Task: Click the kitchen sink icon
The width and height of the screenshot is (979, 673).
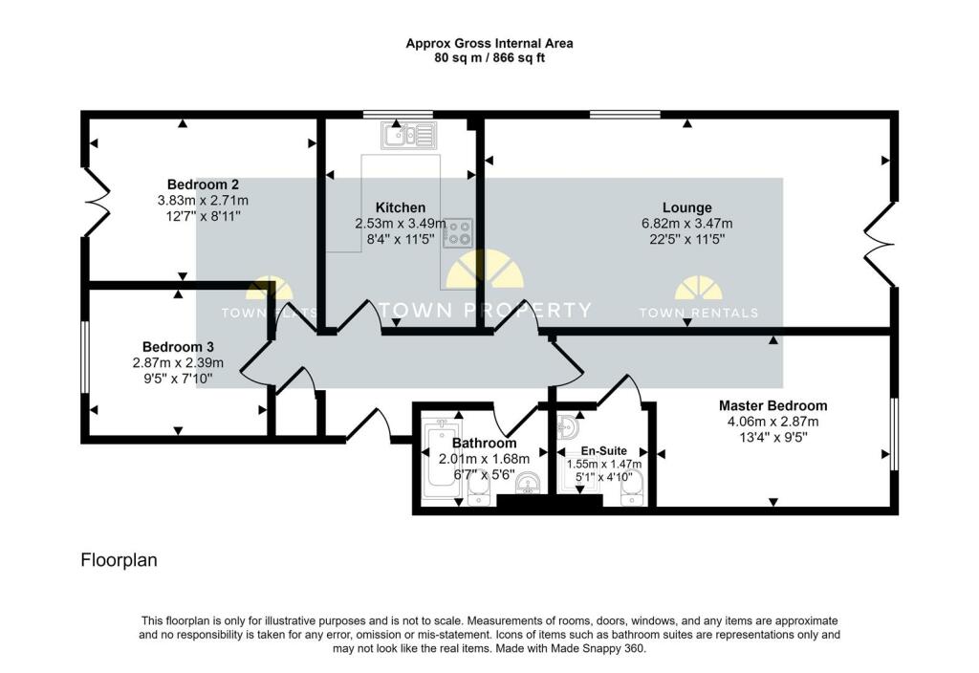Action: [x=409, y=135]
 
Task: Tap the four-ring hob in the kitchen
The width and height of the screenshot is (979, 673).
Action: [x=458, y=233]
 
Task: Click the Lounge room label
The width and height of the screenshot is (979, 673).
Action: [x=686, y=207]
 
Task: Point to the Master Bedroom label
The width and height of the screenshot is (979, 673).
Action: [x=772, y=405]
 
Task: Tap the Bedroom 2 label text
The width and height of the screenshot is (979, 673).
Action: [x=203, y=185]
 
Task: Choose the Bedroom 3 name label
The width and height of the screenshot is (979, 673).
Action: [x=178, y=347]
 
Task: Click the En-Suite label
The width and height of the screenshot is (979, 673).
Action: [x=604, y=451]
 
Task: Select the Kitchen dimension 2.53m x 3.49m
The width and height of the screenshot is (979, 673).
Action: [x=401, y=224]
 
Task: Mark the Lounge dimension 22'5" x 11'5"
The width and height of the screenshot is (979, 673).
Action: [x=686, y=239]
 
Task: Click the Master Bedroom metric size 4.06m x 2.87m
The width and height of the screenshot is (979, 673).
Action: [x=772, y=422]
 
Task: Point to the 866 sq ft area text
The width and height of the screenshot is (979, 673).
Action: [x=519, y=58]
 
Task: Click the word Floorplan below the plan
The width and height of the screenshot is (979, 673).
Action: [x=119, y=560]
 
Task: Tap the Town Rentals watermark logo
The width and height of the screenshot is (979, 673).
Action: [x=698, y=297]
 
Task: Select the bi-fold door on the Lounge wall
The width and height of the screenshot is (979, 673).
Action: [x=881, y=244]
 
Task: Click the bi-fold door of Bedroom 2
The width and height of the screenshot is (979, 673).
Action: [x=97, y=201]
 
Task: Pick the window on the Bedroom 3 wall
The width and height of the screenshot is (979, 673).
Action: [x=85, y=358]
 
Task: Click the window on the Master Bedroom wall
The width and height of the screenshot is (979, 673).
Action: [x=894, y=434]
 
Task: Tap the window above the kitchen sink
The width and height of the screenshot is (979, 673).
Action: [x=399, y=115]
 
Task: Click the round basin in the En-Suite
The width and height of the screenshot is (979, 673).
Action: [x=569, y=427]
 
